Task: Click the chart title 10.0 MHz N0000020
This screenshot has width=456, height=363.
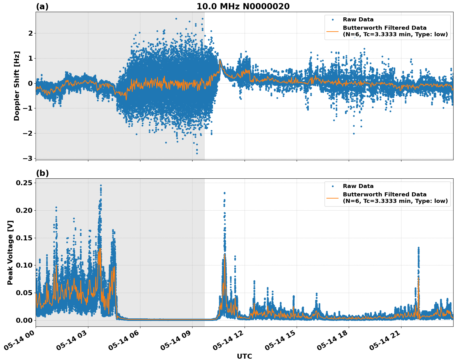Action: pos(243,7)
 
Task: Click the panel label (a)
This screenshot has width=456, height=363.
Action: pos(42,7)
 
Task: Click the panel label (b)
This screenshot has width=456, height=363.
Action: pos(42,173)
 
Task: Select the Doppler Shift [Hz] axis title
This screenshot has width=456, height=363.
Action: pos(17,86)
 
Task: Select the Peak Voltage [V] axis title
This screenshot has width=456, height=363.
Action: pos(10,252)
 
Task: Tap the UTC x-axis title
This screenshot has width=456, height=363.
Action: pos(244,356)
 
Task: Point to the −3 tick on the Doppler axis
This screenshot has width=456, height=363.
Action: pos(27,158)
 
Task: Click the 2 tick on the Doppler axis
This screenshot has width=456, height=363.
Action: pos(30,33)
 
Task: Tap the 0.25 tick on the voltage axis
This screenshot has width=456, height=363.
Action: pos(24,183)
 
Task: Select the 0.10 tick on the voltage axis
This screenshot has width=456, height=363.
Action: pos(24,265)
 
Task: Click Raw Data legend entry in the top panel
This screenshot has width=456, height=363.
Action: pos(358,20)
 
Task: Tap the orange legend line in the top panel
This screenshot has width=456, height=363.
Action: pos(332,31)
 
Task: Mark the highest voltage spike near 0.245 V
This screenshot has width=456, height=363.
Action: pos(101,186)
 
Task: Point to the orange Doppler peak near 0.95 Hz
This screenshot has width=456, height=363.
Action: pos(220,60)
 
